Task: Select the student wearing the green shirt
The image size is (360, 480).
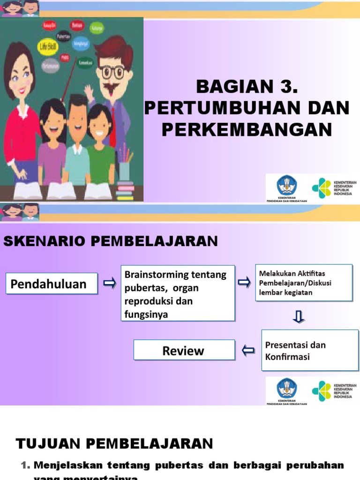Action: pos(100,150)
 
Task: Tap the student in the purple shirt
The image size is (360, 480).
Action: pos(52,150)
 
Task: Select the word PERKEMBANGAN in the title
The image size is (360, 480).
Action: pos(247,130)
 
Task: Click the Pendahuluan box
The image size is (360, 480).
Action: pos(52,284)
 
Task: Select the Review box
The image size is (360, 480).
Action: pos(183,350)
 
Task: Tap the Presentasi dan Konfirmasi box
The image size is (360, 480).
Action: pos(309,350)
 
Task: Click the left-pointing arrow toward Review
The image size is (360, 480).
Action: pos(248,350)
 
